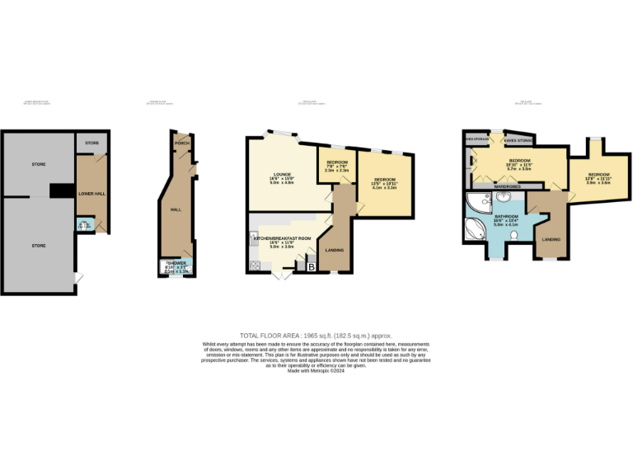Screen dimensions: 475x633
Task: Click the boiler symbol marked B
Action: click(311, 266)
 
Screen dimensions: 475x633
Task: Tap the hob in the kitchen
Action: click(255, 265)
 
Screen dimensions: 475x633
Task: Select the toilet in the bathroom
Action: click(513, 236)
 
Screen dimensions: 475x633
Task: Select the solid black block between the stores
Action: click(61, 190)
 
